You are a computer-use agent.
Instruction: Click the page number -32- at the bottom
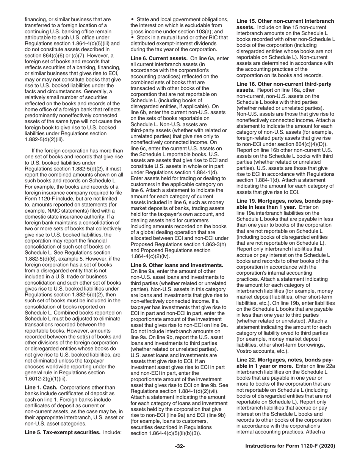point(180,446)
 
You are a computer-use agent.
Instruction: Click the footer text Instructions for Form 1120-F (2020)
point(290,446)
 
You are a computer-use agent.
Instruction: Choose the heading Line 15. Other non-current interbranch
point(285,21)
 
